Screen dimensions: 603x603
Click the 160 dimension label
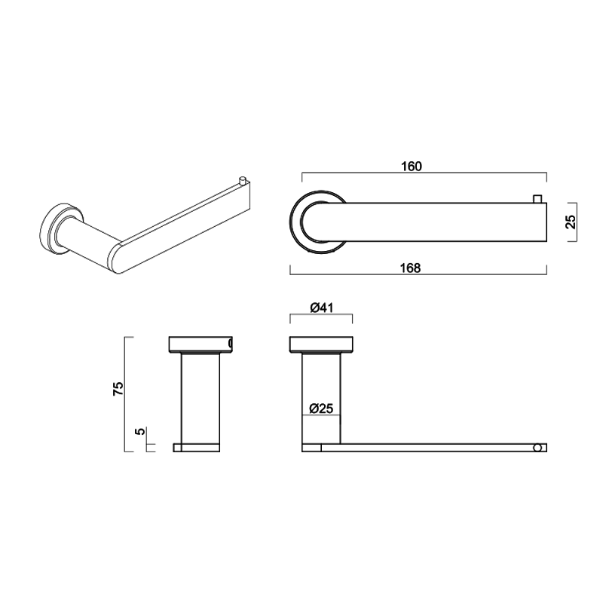(x=413, y=166)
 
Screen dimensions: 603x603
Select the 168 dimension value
(x=410, y=268)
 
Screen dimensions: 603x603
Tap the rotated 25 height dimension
(x=571, y=222)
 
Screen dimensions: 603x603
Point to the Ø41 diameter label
(x=320, y=307)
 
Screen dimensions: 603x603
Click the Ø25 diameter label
(x=321, y=409)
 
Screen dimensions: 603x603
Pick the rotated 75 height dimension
(x=117, y=389)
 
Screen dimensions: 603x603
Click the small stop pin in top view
(x=537, y=197)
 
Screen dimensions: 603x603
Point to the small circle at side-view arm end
(x=537, y=448)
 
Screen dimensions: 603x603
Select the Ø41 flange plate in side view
(x=320, y=344)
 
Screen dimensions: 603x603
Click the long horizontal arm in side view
(x=430, y=448)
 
